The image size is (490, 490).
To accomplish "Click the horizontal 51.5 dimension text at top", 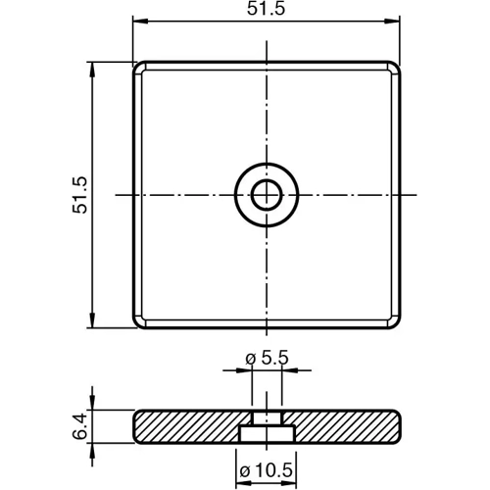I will [267, 10].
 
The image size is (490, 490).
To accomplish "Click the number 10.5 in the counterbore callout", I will [275, 468].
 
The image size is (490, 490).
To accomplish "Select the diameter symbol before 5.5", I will [249, 360].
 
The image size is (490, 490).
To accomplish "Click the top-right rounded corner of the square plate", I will [395, 68].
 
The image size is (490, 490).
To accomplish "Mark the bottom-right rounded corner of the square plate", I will [395, 322].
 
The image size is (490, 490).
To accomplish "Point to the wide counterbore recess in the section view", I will [265, 433].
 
